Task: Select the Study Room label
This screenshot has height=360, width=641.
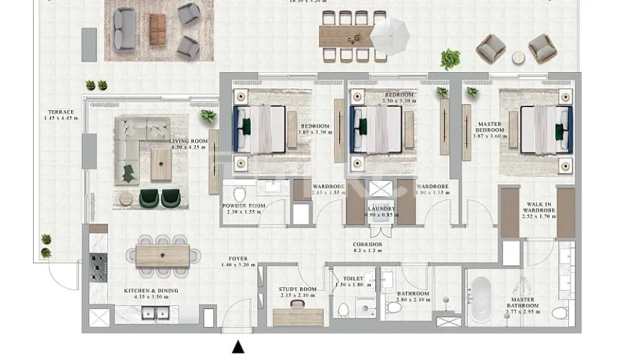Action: pos(298,292)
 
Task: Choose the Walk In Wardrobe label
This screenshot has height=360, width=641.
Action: pos(539,209)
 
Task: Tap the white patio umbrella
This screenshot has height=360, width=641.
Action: pos(390,35)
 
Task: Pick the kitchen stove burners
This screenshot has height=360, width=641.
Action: pos(97,268)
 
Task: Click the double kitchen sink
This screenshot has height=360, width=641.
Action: pos(155,313)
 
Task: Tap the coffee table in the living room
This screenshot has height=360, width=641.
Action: pos(161,164)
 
